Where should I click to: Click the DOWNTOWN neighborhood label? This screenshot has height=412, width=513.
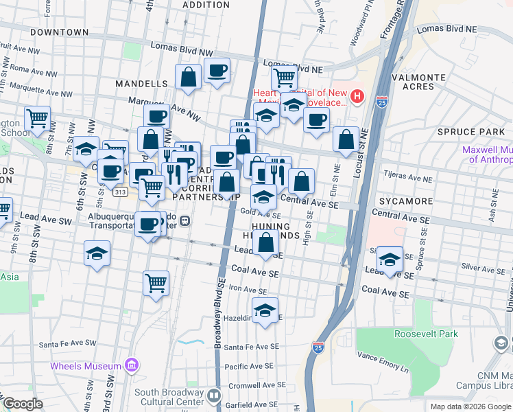point(59,32)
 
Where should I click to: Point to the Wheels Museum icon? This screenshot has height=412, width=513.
point(131,366)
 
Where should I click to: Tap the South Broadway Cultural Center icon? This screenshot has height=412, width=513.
point(214,396)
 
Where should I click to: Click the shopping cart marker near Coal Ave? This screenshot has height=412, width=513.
point(156,282)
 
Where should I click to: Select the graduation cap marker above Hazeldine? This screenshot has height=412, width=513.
point(265,310)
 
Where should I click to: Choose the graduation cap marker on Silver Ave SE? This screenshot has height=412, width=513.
point(390,260)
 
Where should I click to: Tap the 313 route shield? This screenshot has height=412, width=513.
point(121,193)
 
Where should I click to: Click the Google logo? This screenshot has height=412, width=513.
point(23,404)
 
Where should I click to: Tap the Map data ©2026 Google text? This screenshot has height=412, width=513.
point(470,407)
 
